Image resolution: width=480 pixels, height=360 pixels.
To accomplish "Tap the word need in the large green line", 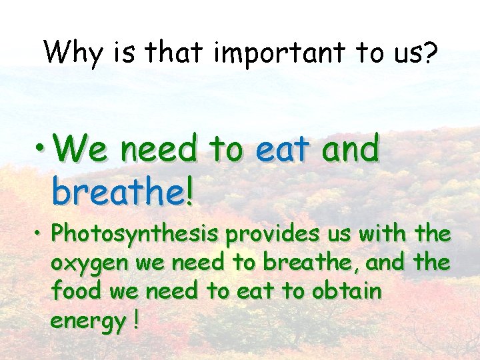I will pyautogui.click(x=160, y=149).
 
